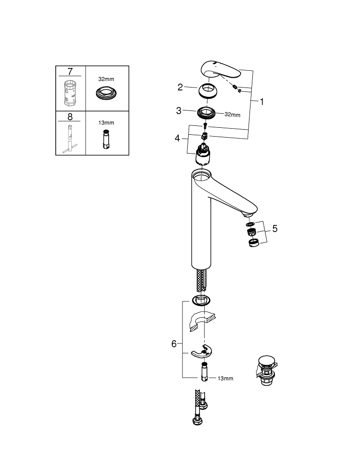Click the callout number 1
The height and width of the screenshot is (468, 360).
[x=262, y=101]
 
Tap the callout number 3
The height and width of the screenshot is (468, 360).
[x=179, y=111]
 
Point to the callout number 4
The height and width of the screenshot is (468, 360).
[x=177, y=138]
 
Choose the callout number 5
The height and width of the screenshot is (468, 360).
[x=275, y=229]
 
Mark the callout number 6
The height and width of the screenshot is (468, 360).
[x=174, y=344]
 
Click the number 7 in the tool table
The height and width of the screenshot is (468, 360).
[x=70, y=72]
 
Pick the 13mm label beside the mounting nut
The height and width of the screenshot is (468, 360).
[x=225, y=378]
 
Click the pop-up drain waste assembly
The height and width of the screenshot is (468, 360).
[x=266, y=370]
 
